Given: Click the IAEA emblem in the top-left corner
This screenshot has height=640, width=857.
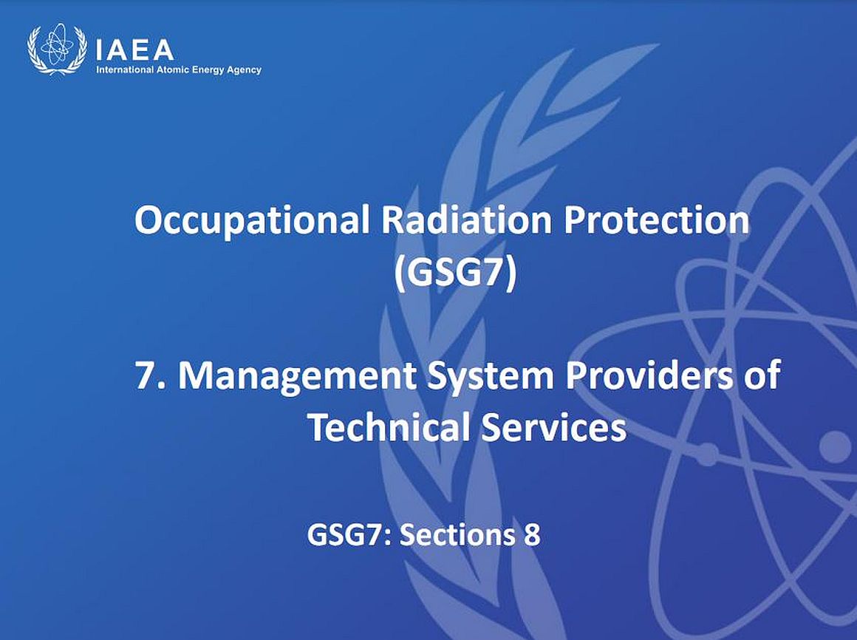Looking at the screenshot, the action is coord(57,49).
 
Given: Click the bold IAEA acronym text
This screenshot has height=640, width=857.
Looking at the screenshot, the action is coord(134,50).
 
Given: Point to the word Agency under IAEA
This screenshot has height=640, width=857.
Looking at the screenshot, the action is coord(245,70).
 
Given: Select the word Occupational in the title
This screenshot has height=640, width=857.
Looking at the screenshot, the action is coord(253,222).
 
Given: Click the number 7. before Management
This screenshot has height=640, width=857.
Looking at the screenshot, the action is coord(150,375).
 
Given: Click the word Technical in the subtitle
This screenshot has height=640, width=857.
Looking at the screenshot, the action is coord(389,427).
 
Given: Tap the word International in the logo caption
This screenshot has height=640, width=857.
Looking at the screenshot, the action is coord(121,70).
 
